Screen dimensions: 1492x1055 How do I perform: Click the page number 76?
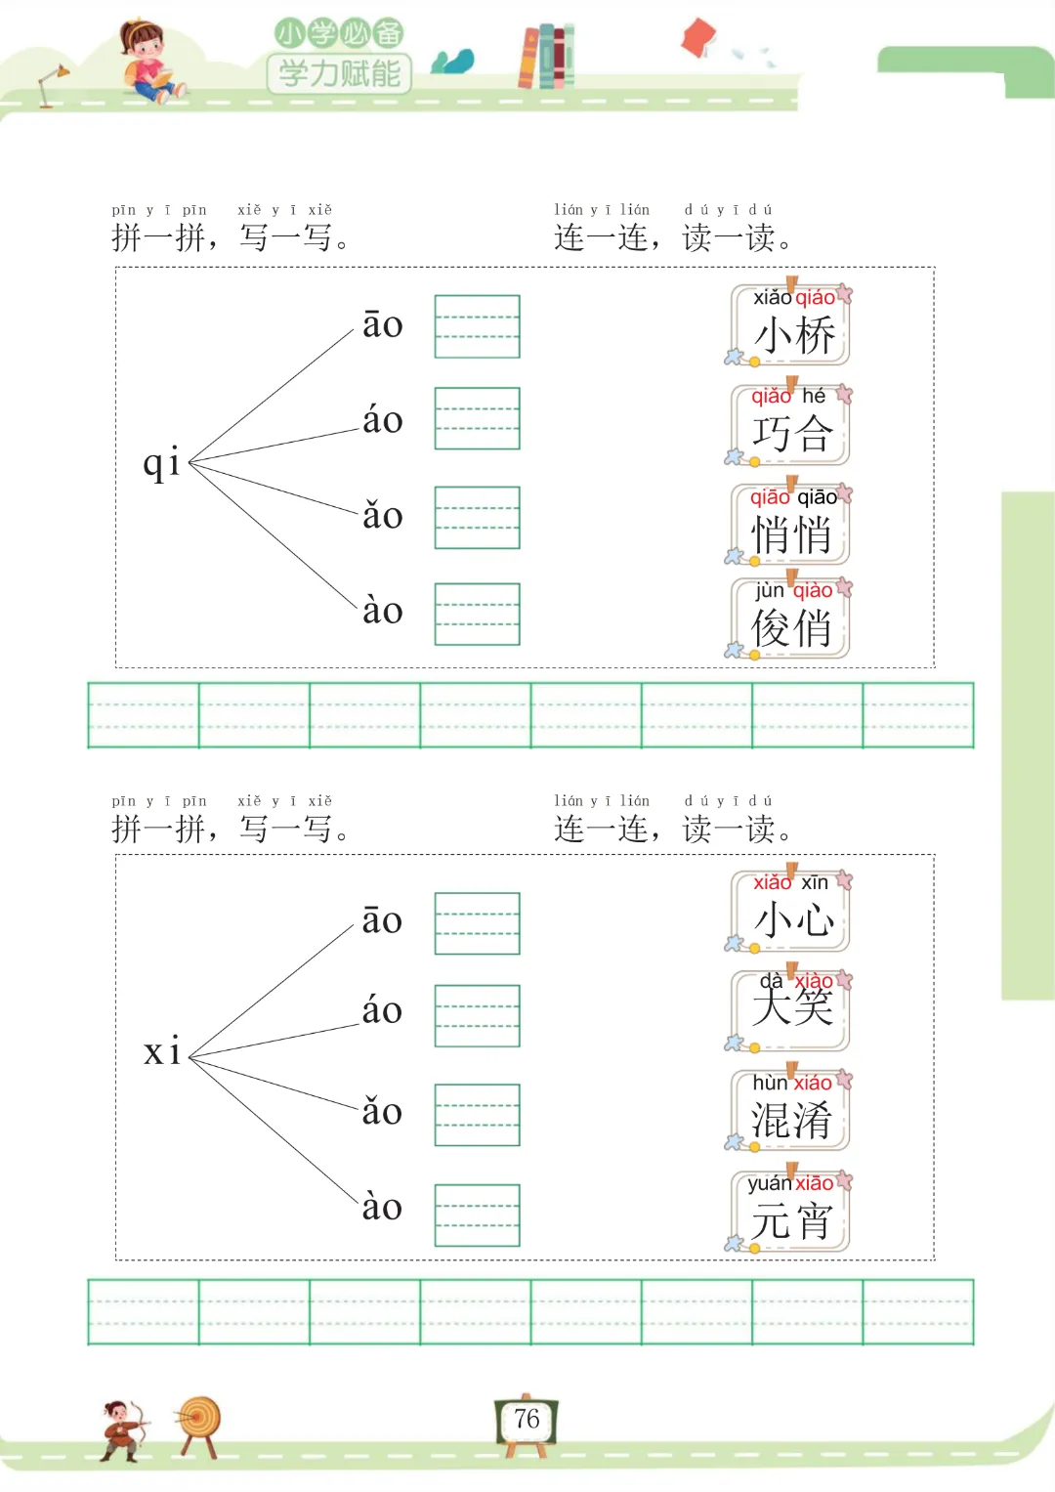(x=527, y=1419)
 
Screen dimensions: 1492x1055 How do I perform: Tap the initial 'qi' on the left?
(x=162, y=462)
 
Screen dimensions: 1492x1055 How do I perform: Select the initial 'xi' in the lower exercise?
(x=162, y=1051)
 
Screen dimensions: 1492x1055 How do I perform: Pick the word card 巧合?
(x=791, y=425)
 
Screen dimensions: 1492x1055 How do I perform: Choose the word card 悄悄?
(x=791, y=525)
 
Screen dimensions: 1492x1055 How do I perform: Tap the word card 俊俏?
(x=791, y=618)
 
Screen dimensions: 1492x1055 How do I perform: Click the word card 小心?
(x=791, y=911)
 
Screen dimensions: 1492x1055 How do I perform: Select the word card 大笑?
(x=791, y=1009)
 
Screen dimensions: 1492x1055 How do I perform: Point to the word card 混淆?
(x=791, y=1110)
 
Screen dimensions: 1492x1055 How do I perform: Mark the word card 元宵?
(x=791, y=1212)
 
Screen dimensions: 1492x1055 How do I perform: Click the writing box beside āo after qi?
(x=477, y=326)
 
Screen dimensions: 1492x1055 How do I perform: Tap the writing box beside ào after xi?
(x=477, y=1215)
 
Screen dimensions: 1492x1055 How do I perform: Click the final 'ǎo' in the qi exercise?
(x=382, y=516)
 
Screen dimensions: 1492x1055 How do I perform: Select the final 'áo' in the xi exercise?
(x=382, y=1010)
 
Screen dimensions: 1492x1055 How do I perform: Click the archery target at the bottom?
(x=200, y=1422)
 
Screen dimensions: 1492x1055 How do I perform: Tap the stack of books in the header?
(x=546, y=57)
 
